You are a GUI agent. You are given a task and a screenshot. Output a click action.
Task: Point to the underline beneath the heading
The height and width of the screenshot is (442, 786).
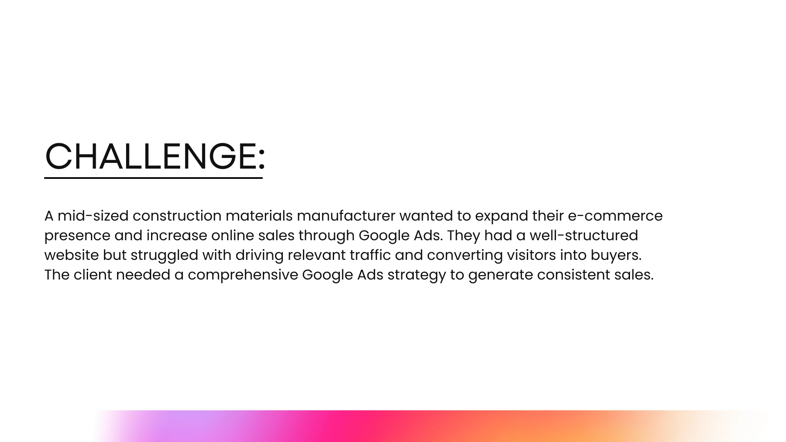pyautogui.click(x=154, y=178)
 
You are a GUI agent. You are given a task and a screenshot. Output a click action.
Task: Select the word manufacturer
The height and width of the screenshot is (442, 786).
pyautogui.click(x=346, y=216)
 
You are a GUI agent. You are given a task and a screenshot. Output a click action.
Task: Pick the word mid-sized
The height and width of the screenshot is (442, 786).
pyautogui.click(x=93, y=216)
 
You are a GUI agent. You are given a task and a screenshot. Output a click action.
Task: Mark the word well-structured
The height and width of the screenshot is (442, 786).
pyautogui.click(x=584, y=235)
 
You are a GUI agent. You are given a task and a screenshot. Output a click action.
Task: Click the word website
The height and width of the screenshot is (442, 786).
pyautogui.click(x=71, y=255)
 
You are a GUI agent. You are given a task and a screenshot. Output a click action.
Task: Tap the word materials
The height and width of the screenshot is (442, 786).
pyautogui.click(x=259, y=216)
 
